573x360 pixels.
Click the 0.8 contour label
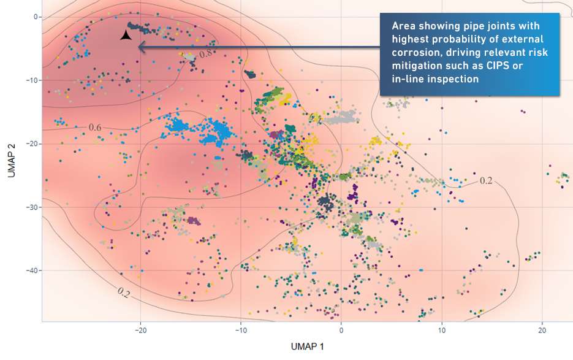click(x=206, y=54)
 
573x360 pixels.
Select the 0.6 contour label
click(x=95, y=128)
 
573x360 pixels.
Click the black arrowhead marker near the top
click(x=126, y=36)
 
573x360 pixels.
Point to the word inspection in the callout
click(x=450, y=79)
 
